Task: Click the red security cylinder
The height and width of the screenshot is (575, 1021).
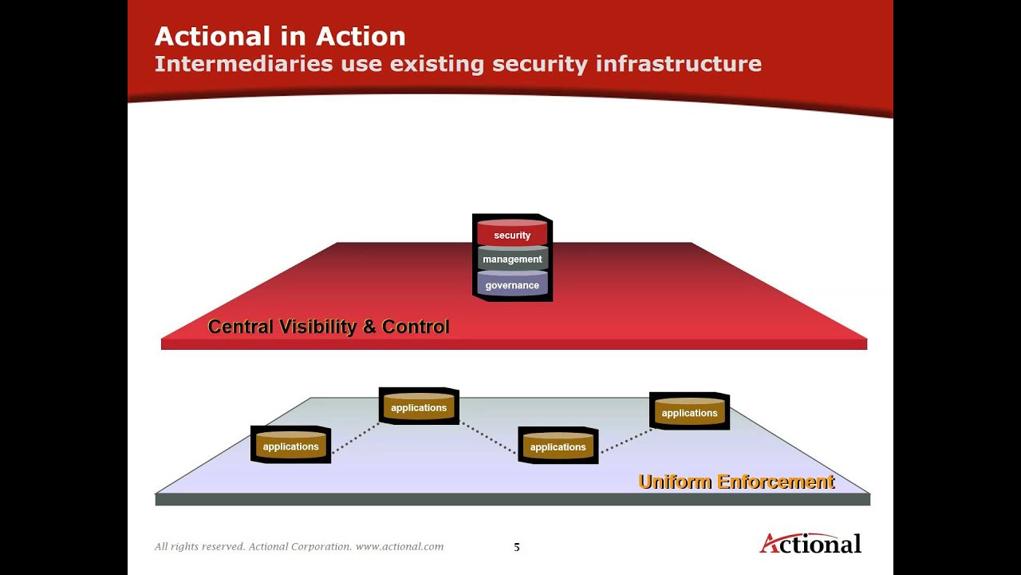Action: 512,235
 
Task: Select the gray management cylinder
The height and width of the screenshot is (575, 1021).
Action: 512,259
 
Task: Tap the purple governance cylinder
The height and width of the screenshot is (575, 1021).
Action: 512,285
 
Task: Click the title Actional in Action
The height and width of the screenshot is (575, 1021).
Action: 280,36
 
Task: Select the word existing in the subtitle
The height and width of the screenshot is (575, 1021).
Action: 437,64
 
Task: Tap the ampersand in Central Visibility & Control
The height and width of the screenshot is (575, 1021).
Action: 370,327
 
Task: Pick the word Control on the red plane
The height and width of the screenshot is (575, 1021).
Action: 416,327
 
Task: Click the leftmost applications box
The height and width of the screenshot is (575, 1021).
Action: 290,446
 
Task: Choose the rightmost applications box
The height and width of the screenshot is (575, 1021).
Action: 689,412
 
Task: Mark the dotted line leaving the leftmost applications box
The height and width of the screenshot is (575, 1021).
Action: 355,438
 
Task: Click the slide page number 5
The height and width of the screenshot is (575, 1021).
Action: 516,547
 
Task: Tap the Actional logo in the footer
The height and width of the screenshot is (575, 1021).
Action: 810,544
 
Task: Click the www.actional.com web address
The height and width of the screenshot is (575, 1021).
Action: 400,547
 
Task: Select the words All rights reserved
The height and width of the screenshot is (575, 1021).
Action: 199,547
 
